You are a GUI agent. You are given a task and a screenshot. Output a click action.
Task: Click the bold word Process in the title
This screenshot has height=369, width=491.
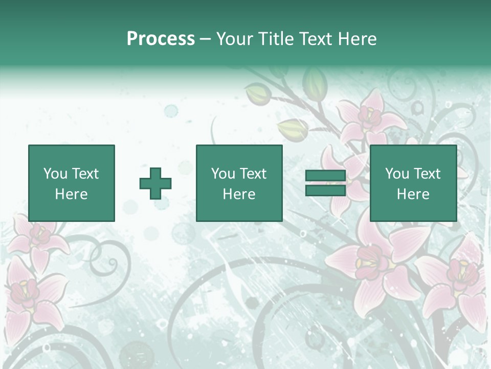(x=161, y=39)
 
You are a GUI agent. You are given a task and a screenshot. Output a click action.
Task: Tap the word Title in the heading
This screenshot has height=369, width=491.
(x=276, y=39)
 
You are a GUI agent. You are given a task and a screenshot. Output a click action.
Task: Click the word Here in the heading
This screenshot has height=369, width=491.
(x=358, y=39)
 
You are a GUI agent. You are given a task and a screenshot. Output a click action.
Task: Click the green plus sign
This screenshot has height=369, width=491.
(x=155, y=183)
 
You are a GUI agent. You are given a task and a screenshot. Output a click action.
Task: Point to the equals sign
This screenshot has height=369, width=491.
(x=325, y=183)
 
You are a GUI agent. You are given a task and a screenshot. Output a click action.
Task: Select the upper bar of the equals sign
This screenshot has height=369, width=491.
(x=325, y=176)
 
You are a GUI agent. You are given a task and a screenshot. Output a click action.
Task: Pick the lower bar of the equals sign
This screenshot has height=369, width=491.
(x=325, y=190)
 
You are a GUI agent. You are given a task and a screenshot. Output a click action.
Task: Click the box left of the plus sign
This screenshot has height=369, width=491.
(x=72, y=183)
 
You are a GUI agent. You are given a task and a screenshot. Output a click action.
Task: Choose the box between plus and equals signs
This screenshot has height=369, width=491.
(x=239, y=183)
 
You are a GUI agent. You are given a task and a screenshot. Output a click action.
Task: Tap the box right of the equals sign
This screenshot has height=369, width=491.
(x=413, y=183)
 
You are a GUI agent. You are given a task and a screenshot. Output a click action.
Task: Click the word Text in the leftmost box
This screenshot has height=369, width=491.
(x=85, y=174)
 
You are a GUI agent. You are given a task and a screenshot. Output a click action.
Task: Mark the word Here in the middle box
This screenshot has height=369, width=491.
(x=239, y=194)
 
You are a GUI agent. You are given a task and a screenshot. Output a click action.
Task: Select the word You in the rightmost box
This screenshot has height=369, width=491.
(x=397, y=174)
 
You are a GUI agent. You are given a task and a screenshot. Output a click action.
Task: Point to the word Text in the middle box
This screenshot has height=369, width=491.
(x=253, y=174)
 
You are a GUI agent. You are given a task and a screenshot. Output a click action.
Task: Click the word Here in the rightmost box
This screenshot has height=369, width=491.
(x=413, y=194)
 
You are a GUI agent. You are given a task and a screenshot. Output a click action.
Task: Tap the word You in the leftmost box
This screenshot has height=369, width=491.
(x=56, y=174)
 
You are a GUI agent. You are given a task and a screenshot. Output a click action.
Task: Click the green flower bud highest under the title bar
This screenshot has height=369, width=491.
(x=314, y=80)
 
